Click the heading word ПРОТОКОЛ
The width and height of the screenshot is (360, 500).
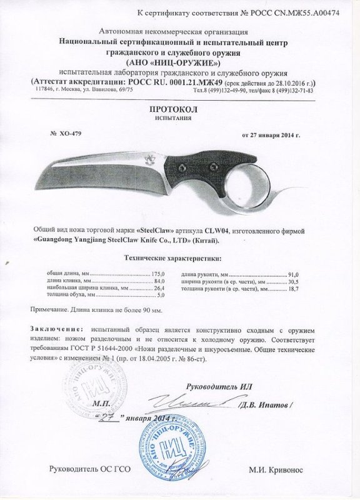(x=179, y=109)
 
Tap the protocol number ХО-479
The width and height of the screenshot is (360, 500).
(x=66, y=134)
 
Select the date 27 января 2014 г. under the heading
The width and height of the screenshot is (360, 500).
(x=270, y=134)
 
